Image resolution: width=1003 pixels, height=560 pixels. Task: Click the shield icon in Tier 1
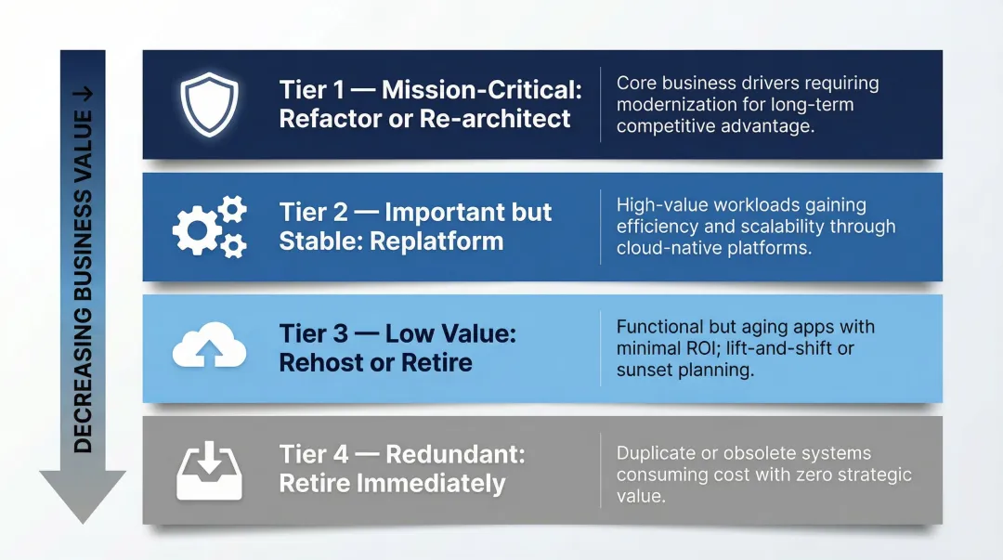pyautogui.click(x=209, y=104)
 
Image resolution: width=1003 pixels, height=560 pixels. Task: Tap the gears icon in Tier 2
pyautogui.click(x=210, y=227)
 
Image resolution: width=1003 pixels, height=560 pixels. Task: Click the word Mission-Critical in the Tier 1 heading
pyautogui.click(x=482, y=90)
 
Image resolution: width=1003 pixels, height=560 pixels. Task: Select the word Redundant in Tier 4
pyautogui.click(x=455, y=454)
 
